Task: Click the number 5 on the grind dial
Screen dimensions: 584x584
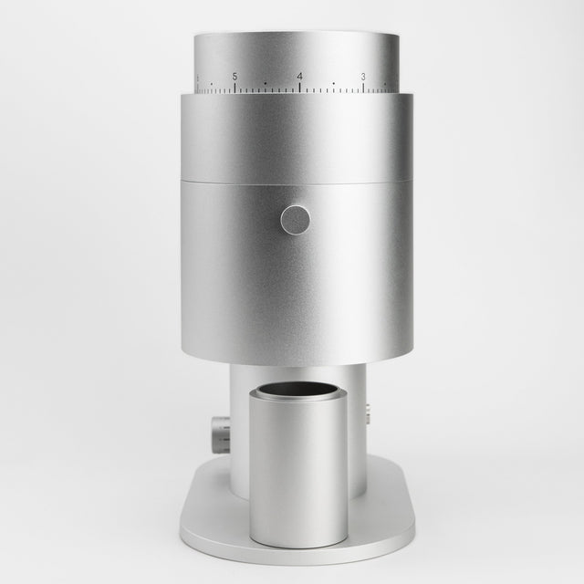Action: click(235, 77)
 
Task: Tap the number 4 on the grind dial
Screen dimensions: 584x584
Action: click(300, 77)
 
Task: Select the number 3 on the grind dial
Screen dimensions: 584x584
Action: click(363, 77)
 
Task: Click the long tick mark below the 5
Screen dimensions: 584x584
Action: click(235, 88)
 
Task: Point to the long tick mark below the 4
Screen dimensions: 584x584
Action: click(300, 88)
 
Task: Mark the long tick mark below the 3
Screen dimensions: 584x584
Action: click(363, 88)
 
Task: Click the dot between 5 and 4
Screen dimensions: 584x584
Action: click(266, 84)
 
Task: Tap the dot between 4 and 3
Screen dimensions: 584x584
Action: click(333, 84)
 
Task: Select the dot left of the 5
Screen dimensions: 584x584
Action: click(212, 84)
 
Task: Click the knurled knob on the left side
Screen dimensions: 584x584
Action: click(221, 435)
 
